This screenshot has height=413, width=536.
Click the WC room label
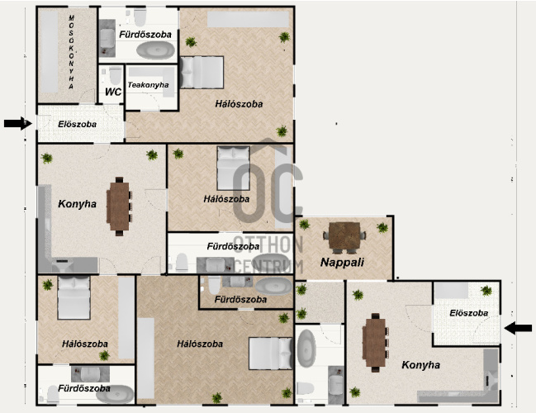click(x=113, y=92)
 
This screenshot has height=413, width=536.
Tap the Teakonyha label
click(x=148, y=85)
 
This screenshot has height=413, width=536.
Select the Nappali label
click(x=342, y=262)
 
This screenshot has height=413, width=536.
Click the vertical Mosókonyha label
click(x=71, y=52)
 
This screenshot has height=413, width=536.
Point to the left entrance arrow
click(x=18, y=123)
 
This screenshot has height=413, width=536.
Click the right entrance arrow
click(x=518, y=328)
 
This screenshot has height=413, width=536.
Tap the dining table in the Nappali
click(x=344, y=237)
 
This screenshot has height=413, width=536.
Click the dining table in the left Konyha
click(x=119, y=206)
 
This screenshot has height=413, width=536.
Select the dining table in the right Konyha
click(x=375, y=343)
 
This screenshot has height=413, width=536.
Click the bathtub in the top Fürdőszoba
click(x=155, y=50)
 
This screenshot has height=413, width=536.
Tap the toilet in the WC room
click(x=116, y=75)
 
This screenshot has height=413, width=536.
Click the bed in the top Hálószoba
click(x=202, y=73)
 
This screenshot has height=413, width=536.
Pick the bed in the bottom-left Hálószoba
click(x=74, y=298)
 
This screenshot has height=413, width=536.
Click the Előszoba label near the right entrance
click(x=468, y=313)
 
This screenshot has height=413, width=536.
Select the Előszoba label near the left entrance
click(x=78, y=124)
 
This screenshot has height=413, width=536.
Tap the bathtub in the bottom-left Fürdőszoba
click(x=115, y=394)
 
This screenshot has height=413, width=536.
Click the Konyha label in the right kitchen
click(x=421, y=365)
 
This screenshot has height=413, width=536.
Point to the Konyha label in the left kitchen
click(x=78, y=204)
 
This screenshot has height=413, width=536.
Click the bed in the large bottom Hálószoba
click(x=270, y=354)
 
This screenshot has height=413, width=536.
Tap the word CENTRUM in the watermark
click(x=269, y=267)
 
